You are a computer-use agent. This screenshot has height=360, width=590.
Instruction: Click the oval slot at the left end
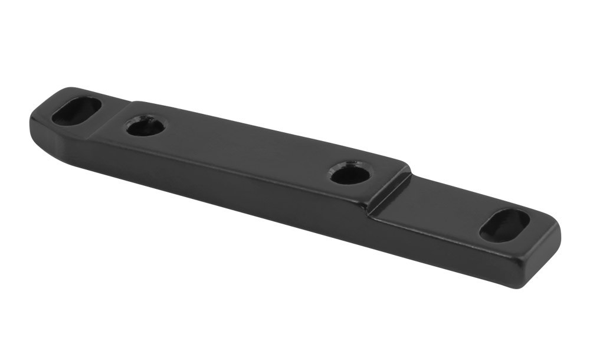[x=77, y=110]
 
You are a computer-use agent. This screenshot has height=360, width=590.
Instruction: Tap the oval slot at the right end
[x=504, y=225]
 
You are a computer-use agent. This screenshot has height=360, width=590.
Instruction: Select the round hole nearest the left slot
[x=146, y=126]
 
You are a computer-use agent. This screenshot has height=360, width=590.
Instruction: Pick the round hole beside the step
[x=350, y=174]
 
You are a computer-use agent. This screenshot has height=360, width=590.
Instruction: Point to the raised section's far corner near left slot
[x=135, y=102]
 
